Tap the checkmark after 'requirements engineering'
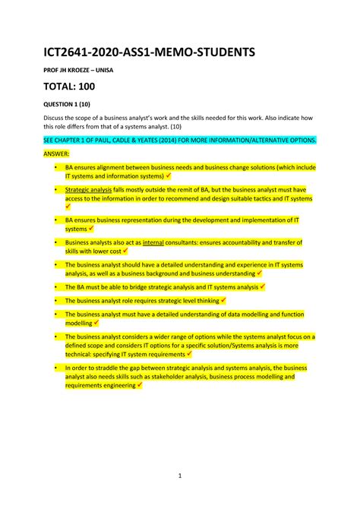pyautogui.click(x=139, y=385)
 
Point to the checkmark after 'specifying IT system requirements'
pyautogui.click(x=189, y=353)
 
